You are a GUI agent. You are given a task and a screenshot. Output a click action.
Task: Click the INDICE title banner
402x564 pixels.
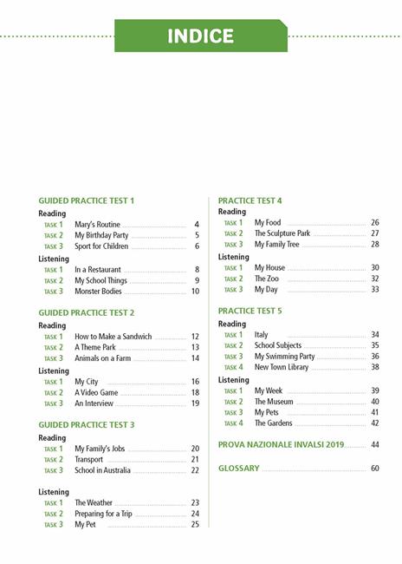(201, 36)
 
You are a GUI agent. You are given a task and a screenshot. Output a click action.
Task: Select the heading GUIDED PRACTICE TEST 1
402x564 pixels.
(87, 200)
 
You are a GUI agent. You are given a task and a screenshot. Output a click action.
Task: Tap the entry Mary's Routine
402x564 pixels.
(97, 225)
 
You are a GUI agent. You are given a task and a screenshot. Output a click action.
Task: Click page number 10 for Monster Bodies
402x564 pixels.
(195, 292)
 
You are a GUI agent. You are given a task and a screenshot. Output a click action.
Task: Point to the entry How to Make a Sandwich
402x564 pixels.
(113, 337)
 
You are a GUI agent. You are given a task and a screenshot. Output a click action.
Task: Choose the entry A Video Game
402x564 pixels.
(96, 393)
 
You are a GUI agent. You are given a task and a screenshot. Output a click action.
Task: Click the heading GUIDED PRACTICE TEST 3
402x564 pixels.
(87, 424)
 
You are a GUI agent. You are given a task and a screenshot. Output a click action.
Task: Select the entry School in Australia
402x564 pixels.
(102, 470)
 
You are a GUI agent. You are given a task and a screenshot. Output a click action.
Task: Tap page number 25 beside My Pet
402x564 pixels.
(195, 525)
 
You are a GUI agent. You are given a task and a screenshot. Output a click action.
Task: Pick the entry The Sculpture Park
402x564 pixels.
(282, 233)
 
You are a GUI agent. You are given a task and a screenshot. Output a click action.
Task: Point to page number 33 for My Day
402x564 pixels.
(374, 290)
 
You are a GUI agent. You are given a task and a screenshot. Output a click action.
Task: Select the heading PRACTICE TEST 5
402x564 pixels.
(250, 311)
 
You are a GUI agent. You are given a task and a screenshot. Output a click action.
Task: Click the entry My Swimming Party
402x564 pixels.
(284, 357)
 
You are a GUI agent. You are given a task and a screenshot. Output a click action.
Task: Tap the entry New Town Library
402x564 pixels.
(281, 367)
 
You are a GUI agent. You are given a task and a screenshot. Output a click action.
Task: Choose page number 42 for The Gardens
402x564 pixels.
(374, 423)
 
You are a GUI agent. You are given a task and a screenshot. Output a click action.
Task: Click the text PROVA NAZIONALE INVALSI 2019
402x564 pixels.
(281, 444)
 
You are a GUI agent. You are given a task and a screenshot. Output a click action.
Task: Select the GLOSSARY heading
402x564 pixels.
(239, 469)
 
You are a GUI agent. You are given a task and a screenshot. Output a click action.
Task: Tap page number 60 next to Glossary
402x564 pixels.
(374, 469)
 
